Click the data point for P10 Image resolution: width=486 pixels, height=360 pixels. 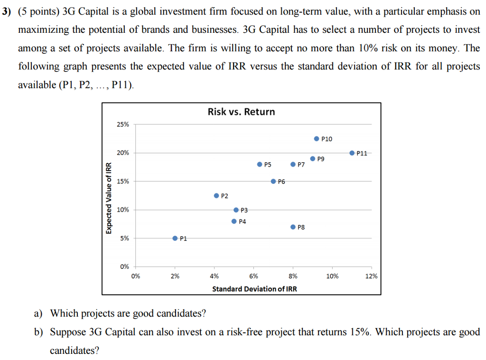point(317,139)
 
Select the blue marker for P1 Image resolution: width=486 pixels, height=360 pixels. point(175,238)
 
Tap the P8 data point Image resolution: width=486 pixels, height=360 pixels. point(293,227)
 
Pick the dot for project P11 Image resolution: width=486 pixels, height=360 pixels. point(352,153)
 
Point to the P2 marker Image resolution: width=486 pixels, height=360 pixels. point(216,196)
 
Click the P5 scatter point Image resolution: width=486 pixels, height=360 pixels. point(260,164)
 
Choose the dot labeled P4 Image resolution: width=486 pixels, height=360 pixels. point(234,221)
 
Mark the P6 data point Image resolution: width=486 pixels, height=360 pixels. point(273,181)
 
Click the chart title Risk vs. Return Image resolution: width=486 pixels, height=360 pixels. point(241,112)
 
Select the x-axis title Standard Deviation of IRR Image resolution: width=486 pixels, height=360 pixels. point(254,289)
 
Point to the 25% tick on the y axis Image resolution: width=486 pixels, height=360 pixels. point(122,124)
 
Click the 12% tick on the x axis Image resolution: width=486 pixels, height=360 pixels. point(372,276)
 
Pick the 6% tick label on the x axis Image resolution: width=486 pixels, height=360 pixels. point(254,276)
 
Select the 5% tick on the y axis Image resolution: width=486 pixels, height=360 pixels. point(124,238)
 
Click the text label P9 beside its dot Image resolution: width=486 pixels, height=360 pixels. point(321,159)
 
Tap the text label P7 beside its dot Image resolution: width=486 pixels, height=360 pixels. point(301,165)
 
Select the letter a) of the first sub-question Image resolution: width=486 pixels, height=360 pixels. point(37,313)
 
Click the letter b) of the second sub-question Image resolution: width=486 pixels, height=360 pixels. point(38,332)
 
